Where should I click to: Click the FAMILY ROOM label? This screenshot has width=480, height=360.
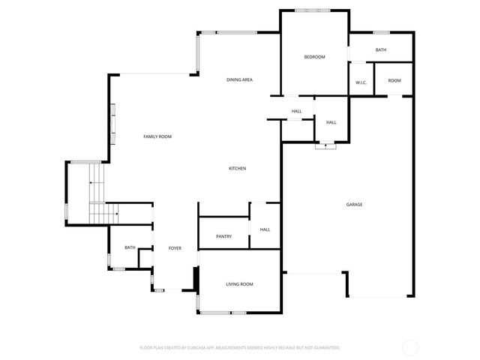click(x=157, y=136)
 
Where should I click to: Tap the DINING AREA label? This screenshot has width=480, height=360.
click(x=239, y=79)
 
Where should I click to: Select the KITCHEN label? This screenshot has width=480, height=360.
click(x=237, y=168)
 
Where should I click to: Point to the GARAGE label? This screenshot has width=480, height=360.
click(x=354, y=204)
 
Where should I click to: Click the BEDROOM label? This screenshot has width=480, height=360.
click(x=314, y=57)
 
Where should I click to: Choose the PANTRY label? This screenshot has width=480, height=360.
click(x=223, y=236)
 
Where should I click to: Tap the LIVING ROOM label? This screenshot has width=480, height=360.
click(x=239, y=284)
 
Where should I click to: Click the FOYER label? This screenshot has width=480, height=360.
click(x=175, y=248)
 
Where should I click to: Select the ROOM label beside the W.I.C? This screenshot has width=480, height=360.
click(x=394, y=80)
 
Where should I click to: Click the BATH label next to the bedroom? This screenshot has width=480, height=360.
click(x=381, y=50)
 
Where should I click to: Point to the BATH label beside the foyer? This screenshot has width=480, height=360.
click(x=130, y=247)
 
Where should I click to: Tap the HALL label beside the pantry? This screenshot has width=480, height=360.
click(x=265, y=229)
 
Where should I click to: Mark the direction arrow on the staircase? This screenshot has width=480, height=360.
click(x=91, y=182)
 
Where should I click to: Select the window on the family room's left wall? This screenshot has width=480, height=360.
click(x=113, y=124)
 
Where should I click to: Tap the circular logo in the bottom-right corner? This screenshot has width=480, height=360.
click(x=410, y=347)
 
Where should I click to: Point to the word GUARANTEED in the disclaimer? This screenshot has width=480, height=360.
click(x=325, y=348)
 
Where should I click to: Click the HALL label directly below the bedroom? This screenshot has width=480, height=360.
click(x=296, y=112)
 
